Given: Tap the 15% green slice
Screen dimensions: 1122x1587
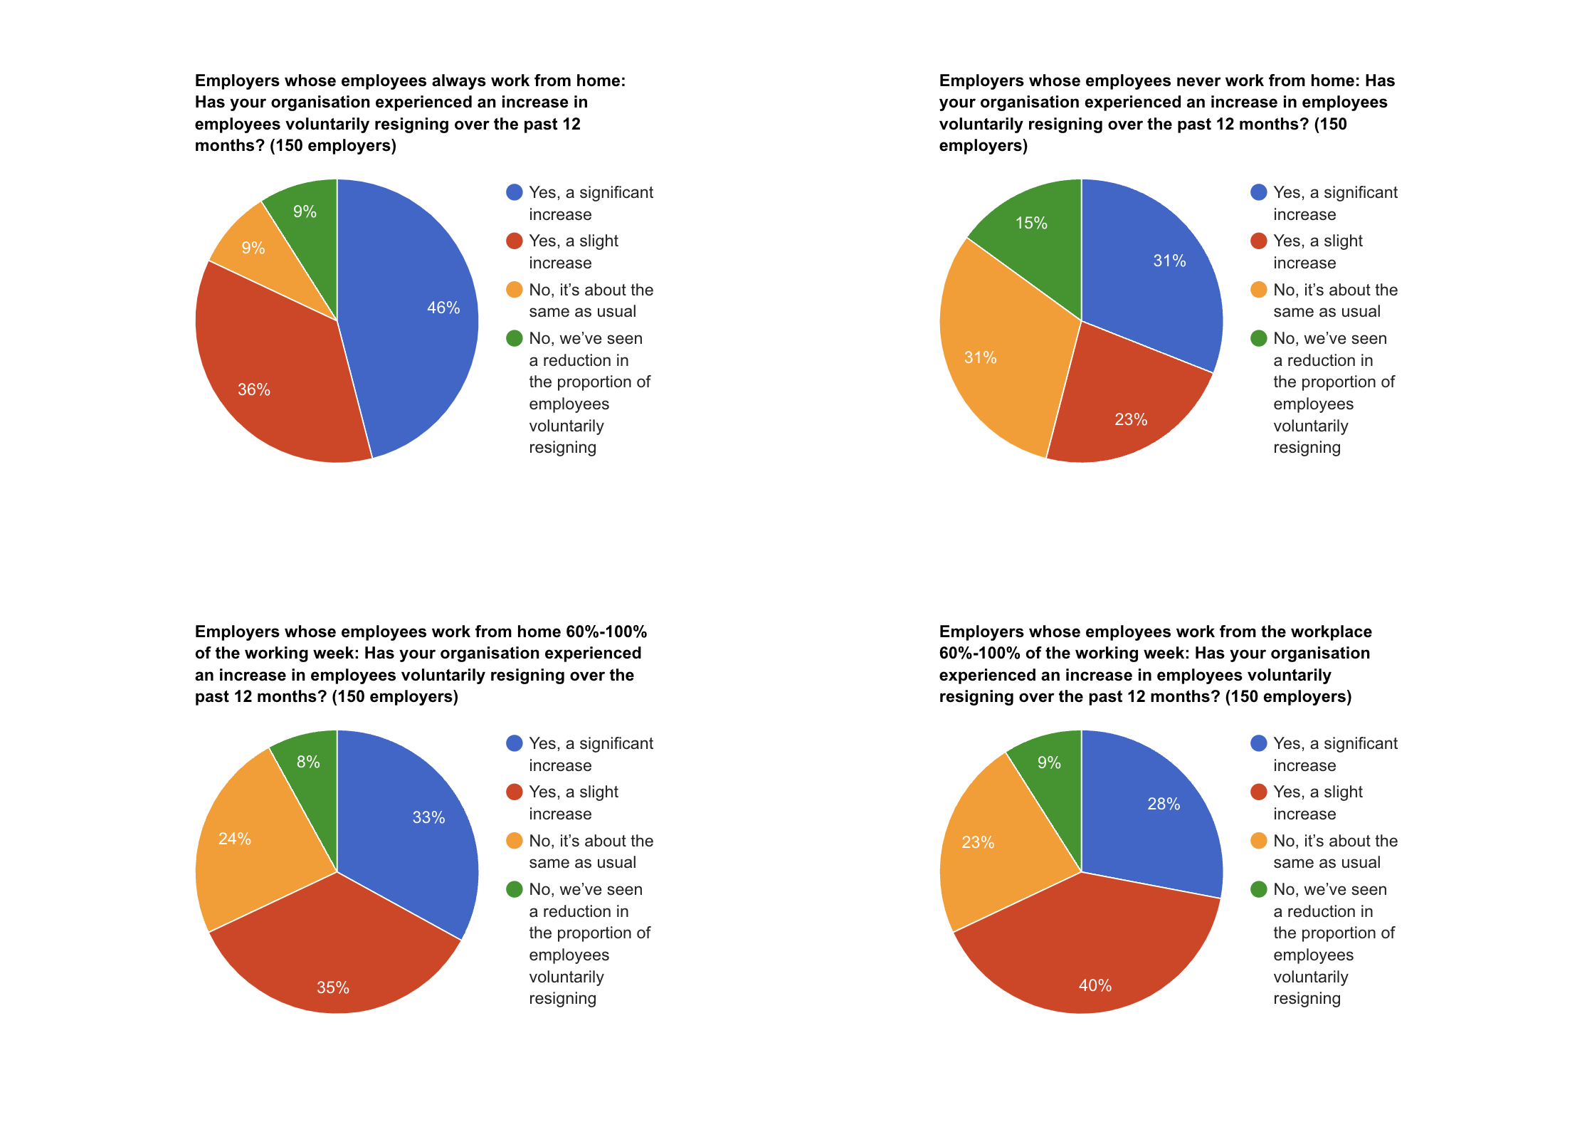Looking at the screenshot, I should [1035, 235].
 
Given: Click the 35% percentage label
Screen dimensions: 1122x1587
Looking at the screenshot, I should [333, 987].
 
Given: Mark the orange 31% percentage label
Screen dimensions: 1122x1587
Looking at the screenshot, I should [980, 357].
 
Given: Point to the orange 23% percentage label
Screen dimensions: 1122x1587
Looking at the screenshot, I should [978, 842].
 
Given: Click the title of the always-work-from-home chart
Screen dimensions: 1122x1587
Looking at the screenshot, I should [411, 112].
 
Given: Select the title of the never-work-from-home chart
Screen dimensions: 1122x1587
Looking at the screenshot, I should [1167, 112].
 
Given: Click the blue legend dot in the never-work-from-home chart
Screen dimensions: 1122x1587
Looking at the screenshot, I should [1258, 192].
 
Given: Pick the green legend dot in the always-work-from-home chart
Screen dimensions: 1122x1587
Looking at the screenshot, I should [514, 338].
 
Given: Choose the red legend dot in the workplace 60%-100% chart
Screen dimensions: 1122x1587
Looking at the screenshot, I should [1258, 792].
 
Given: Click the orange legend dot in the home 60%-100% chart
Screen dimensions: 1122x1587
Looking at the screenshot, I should [514, 841].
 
